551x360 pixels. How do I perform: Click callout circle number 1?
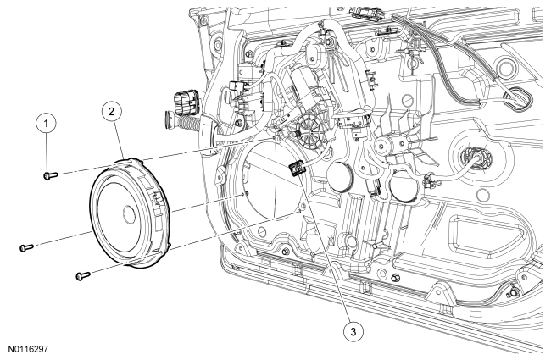coord(46,124)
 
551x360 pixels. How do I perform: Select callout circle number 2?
coord(111,111)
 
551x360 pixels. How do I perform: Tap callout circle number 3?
coord(353,331)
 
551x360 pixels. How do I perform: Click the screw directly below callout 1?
coord(51,174)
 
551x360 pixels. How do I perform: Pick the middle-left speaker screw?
coord(26,247)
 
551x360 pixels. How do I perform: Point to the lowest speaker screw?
coord(83,275)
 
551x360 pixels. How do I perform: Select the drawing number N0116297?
coord(28,349)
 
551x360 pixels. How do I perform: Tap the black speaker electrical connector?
coord(296,168)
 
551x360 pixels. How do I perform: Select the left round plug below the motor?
coord(339,177)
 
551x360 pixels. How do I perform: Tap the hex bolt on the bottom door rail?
coord(395,278)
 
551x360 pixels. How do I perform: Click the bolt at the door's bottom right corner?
coord(514,292)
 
